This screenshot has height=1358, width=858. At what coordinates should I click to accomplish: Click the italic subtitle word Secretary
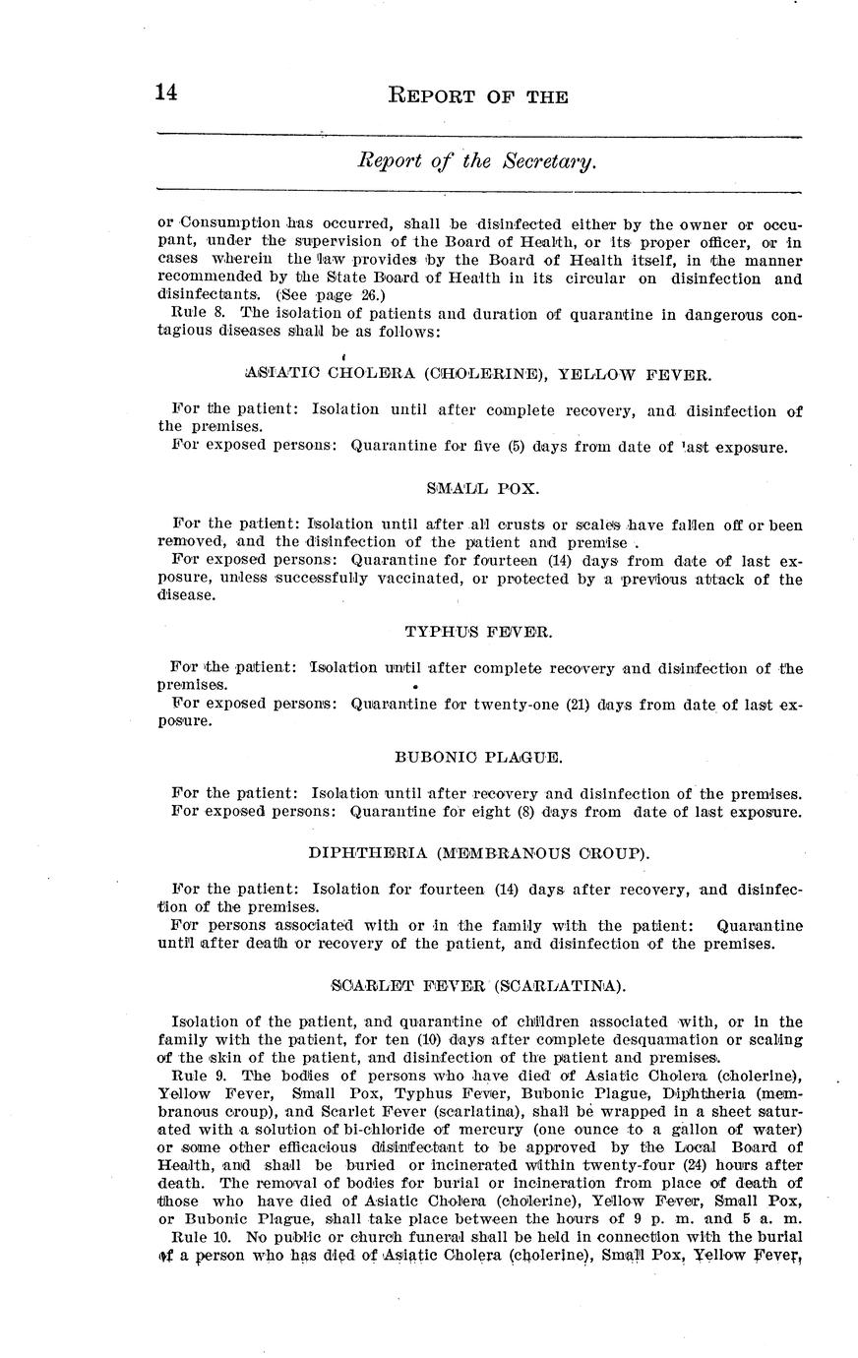[547, 160]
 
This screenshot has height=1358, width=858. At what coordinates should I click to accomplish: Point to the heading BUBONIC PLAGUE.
[479, 758]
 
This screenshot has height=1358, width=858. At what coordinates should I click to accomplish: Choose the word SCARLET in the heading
[365, 985]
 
